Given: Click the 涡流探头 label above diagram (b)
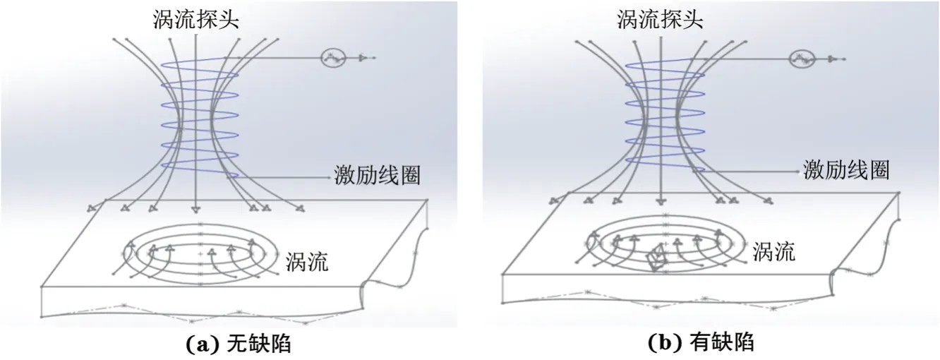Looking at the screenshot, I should coord(660,19).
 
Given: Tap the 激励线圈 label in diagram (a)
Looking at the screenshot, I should coord(377,175).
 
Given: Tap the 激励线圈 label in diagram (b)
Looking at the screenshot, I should coord(846,169).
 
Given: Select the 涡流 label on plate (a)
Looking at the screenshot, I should coord(307,262).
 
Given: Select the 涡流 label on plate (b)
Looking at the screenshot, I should coord(774,251).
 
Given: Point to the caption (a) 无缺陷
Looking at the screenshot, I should coord(238,344).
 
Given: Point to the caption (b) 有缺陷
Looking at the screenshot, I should coord(701,343).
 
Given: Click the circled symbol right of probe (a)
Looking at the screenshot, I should coord(334,58).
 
